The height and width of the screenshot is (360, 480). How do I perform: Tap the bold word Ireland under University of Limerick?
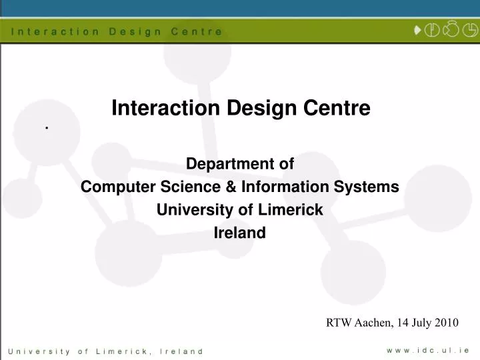click(x=239, y=233)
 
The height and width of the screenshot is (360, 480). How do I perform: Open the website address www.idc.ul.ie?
click(x=429, y=349)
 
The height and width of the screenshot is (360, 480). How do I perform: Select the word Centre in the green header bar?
click(x=197, y=31)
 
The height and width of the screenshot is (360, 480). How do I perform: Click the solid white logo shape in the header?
click(x=417, y=30)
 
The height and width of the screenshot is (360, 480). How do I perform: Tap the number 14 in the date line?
click(x=403, y=323)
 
